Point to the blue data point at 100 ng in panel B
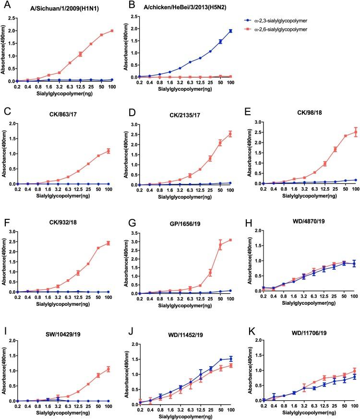click(230, 31)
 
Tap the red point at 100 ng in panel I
click(111, 369)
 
